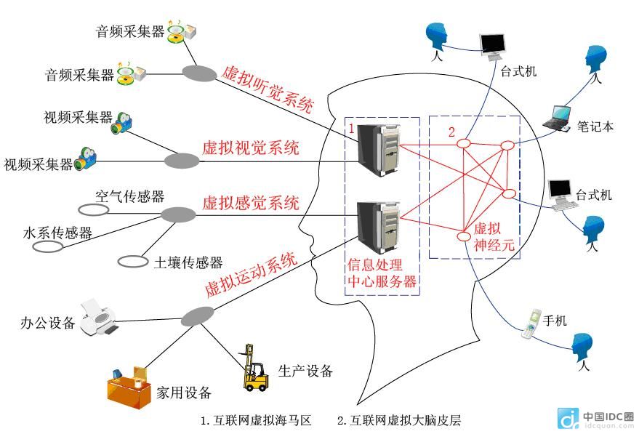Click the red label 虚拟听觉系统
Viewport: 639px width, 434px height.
point(268,89)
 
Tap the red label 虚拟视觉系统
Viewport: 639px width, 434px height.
point(251,149)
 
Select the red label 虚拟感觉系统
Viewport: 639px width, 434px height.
point(251,203)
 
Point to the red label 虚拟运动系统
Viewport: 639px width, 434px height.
point(251,275)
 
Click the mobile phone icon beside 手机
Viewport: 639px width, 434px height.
point(531,324)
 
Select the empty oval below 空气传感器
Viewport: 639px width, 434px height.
point(93,210)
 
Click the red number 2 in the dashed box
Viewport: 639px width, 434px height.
point(451,132)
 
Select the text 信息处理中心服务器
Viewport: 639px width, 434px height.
point(383,273)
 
